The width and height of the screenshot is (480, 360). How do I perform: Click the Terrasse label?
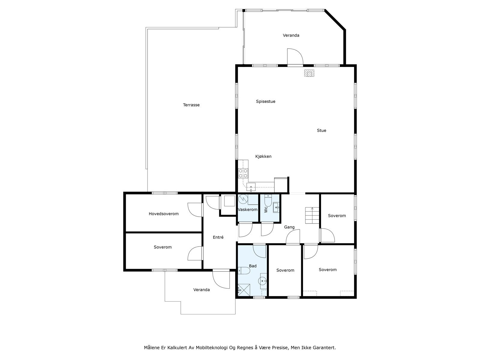(191, 105)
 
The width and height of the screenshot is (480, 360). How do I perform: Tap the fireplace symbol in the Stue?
(309, 73)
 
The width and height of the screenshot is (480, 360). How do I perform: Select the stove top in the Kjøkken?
(243, 173)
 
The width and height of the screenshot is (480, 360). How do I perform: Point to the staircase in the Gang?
(312, 215)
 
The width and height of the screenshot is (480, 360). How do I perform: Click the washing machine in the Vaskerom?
(243, 199)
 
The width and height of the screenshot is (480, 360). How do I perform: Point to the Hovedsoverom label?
(163, 214)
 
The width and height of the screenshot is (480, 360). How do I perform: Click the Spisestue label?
(265, 101)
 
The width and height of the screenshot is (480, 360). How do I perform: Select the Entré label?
(218, 237)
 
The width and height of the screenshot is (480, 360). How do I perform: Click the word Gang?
(289, 227)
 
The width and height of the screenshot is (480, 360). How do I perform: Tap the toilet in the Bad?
(244, 271)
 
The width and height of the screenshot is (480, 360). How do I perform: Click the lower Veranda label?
(201, 290)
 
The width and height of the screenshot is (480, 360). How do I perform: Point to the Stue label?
(321, 130)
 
